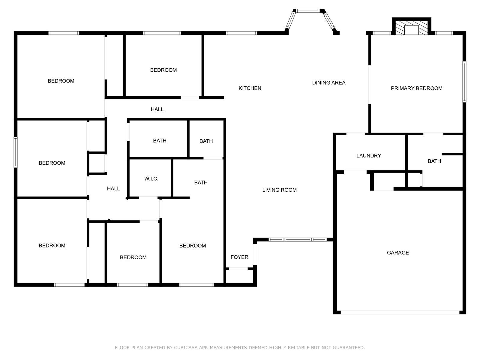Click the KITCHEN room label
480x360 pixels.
tap(250, 88)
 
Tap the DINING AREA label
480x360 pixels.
tap(329, 82)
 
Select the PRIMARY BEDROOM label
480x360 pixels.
tap(416, 88)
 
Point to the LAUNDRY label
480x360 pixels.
tap(368, 156)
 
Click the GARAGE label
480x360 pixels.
tap(398, 253)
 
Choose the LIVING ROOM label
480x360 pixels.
tap(280, 190)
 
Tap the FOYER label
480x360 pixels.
tap(239, 257)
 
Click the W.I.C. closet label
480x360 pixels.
tap(151, 179)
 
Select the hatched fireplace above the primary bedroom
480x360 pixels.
tap(411, 28)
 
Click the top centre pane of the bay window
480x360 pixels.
tap(308, 11)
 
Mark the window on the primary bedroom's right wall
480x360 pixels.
tap(464, 82)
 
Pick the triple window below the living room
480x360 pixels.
tap(298, 240)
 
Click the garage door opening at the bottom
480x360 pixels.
tap(400, 313)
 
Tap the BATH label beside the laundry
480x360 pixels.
tap(434, 161)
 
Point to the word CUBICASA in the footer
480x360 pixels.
tap(186, 347)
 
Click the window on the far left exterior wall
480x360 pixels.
tap(16, 152)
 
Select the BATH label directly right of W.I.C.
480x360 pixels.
tap(201, 182)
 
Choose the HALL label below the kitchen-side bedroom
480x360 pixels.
tap(157, 109)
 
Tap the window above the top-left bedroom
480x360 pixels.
tap(64, 33)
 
